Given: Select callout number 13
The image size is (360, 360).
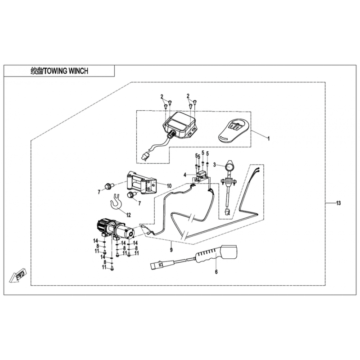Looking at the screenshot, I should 338,203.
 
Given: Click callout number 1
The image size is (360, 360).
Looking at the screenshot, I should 268,138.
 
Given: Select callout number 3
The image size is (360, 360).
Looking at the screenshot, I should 215,165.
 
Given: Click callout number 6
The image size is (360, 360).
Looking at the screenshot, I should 216,271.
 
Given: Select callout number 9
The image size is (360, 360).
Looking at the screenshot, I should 171,248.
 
